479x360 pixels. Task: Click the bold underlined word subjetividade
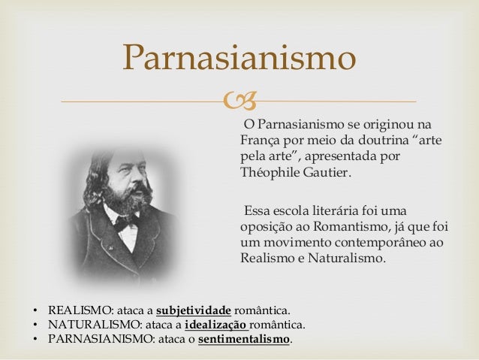193,310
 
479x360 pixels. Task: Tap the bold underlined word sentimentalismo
243,340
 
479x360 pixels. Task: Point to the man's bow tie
126,222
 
